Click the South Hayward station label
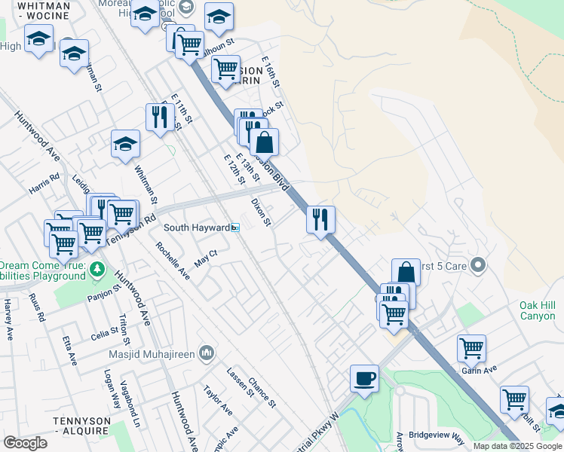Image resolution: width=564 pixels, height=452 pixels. coord(196,228)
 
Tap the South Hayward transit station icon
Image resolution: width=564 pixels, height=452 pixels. coord(235,228)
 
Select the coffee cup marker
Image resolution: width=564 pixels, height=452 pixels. coord(365,378)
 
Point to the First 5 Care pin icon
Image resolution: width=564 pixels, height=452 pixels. coord(477,265)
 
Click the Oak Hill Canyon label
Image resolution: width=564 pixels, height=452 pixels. coord(537,310)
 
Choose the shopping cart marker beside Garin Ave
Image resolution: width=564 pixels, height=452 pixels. coord(471,348)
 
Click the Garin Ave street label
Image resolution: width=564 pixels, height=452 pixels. coord(480,370)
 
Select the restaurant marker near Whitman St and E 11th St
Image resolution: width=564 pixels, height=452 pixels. coord(159,116)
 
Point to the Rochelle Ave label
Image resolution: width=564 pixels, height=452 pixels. coord(173,259)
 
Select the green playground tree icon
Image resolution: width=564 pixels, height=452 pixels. coord(97,269)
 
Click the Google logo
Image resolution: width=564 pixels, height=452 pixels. coord(26,443)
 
